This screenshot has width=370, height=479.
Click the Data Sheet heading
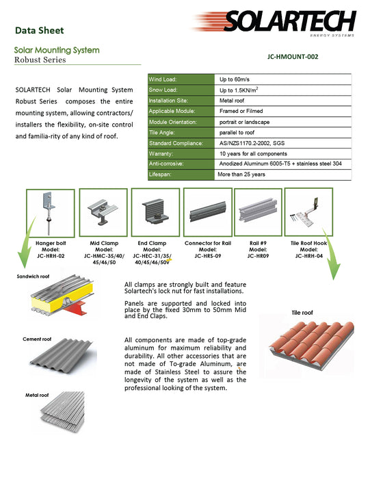[x=40, y=30]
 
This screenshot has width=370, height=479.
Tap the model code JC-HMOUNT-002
[x=293, y=57]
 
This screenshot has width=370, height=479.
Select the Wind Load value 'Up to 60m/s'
[x=234, y=79]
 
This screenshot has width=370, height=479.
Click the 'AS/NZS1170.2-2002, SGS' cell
[x=252, y=143]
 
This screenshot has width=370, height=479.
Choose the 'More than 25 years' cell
[x=241, y=174]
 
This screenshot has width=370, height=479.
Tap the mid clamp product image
[x=103, y=212]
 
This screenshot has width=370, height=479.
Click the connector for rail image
[x=208, y=212]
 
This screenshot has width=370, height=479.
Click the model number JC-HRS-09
[x=208, y=256]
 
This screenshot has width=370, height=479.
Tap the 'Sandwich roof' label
[x=33, y=276]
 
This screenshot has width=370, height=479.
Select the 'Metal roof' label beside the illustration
[x=37, y=396]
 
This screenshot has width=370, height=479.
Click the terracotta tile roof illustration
[x=311, y=345]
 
